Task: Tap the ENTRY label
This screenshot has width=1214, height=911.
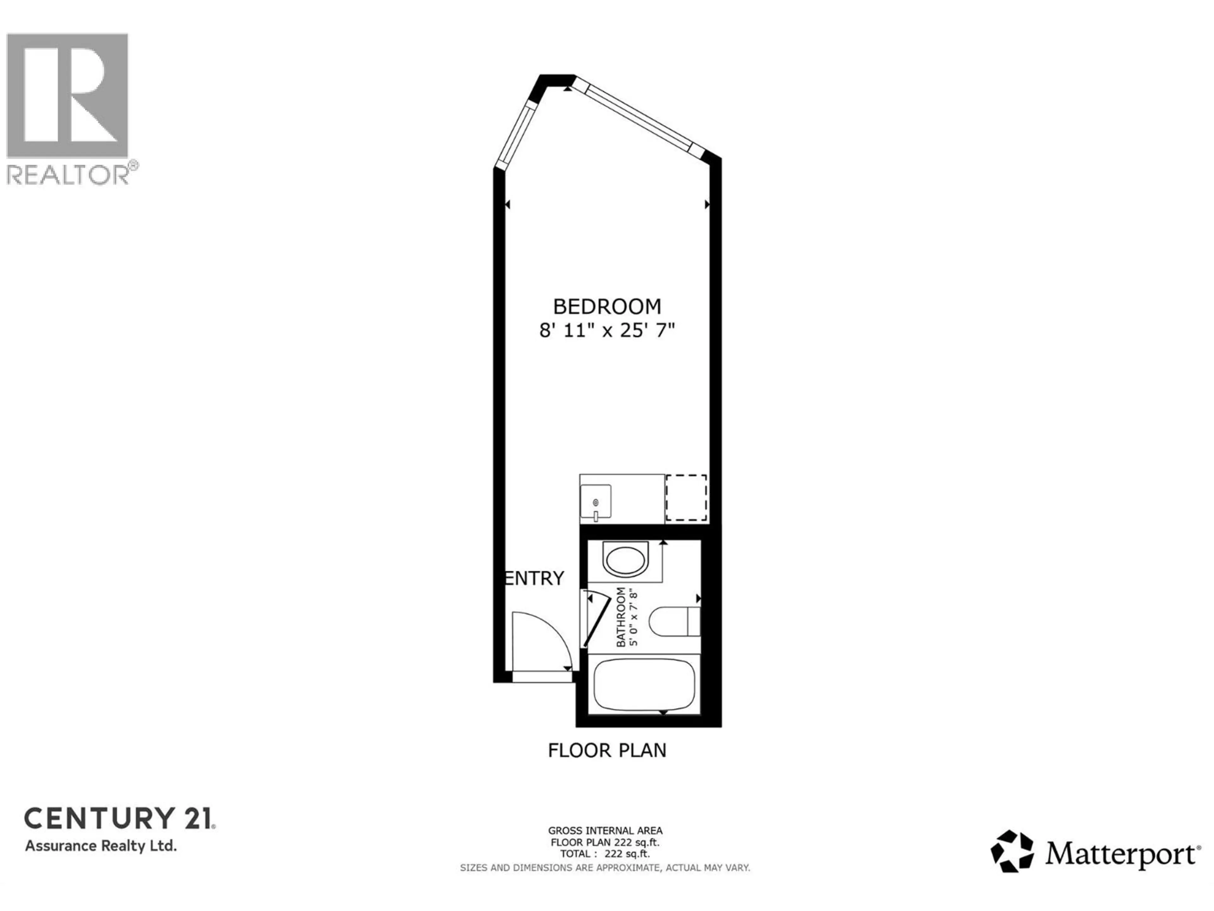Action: click(534, 578)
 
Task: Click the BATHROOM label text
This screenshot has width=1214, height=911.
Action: click(621, 617)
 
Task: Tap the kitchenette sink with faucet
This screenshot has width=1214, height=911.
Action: click(596, 501)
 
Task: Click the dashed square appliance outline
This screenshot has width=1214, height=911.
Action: click(686, 498)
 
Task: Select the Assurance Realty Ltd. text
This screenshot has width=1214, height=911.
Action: click(101, 846)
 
